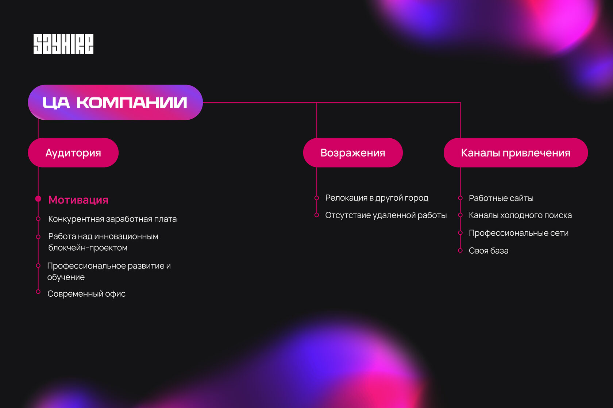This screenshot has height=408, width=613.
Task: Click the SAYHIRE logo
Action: [x=63, y=44]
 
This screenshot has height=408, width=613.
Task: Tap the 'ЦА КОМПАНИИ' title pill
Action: [x=115, y=103]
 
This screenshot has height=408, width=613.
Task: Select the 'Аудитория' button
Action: [x=73, y=153]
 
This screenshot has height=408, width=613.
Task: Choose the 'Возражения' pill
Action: [x=352, y=153]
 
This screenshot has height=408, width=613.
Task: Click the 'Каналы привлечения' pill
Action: [x=515, y=153]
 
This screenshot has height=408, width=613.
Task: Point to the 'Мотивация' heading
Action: [x=78, y=200]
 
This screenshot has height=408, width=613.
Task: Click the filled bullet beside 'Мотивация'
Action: [x=38, y=199]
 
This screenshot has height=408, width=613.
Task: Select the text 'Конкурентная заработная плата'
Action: [x=112, y=219]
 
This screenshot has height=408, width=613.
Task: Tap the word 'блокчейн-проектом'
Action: [x=88, y=248]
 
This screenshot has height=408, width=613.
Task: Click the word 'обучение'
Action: [x=66, y=277]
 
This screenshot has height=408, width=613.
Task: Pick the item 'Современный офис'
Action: [x=86, y=294]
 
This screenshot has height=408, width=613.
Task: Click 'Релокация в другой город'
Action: [x=377, y=198]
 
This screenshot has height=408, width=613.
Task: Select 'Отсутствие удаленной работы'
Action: [x=386, y=215]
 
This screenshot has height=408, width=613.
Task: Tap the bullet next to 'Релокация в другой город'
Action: [x=317, y=198]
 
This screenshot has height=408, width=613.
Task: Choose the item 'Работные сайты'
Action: [x=501, y=198]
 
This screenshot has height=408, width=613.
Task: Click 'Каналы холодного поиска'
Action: [x=520, y=215]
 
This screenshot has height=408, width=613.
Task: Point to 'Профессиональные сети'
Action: [x=518, y=233]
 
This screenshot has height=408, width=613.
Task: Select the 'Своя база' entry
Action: [x=489, y=251]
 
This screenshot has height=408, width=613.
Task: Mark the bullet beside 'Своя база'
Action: [x=460, y=250]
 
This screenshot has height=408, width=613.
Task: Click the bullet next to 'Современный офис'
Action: [x=38, y=292]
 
